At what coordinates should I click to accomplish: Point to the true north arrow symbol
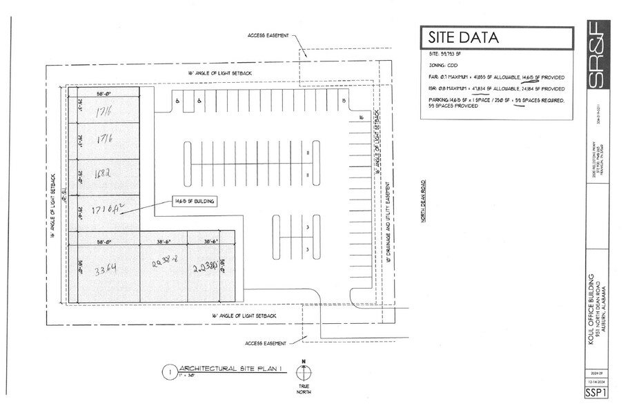(x=302, y=373)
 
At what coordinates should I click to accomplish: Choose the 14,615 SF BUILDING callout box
(x=195, y=201)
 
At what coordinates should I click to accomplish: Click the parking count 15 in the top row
(x=343, y=101)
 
